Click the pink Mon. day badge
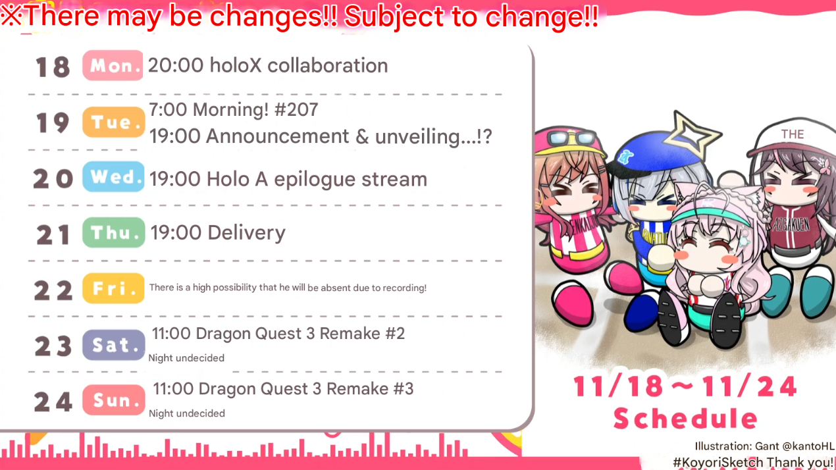point(113,65)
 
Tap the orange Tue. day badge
point(113,122)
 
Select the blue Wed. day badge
point(113,176)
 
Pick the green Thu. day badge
point(113,232)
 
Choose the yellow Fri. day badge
point(113,288)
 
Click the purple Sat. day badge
point(113,344)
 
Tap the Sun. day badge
point(113,400)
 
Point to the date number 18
point(53,67)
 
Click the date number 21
point(53,234)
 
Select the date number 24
point(53,402)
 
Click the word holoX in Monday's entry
point(236,65)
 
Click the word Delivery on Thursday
point(246,233)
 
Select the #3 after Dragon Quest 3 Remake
point(404,388)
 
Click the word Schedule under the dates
point(686,418)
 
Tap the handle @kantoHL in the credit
point(808,446)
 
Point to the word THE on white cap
point(793,134)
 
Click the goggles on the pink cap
point(572,138)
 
